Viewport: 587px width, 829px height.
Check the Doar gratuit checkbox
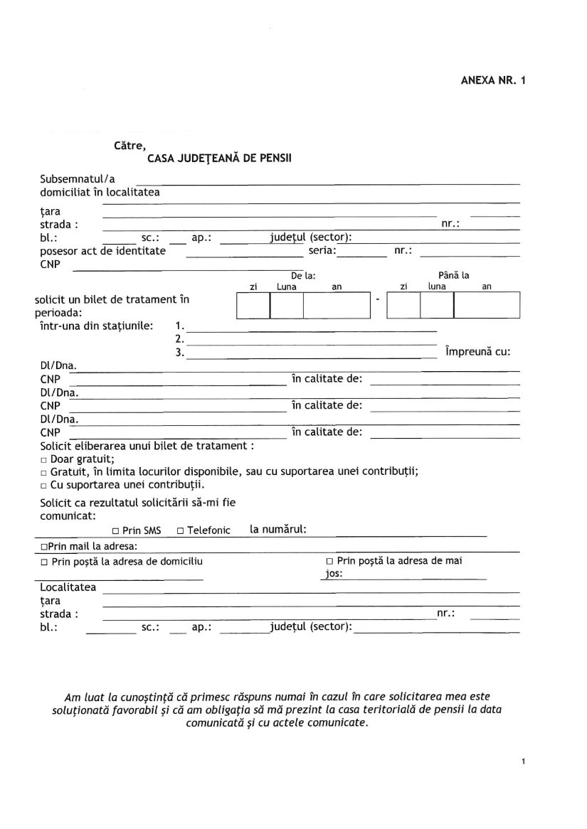click(x=43, y=459)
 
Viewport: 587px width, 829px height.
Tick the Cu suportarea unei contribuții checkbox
click(x=43, y=486)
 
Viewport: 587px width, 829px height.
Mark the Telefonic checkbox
click(x=181, y=531)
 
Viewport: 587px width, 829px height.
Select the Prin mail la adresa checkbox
click(x=43, y=547)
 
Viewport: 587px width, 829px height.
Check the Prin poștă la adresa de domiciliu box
click(x=44, y=562)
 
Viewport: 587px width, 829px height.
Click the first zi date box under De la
click(x=253, y=305)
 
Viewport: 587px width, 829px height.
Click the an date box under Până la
click(x=487, y=305)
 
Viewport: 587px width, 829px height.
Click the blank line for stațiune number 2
click(x=313, y=339)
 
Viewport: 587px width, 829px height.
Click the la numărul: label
click(x=278, y=529)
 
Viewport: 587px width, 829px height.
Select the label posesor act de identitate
click(x=102, y=250)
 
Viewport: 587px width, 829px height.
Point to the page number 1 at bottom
click(x=523, y=762)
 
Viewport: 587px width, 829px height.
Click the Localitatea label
click(x=68, y=588)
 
